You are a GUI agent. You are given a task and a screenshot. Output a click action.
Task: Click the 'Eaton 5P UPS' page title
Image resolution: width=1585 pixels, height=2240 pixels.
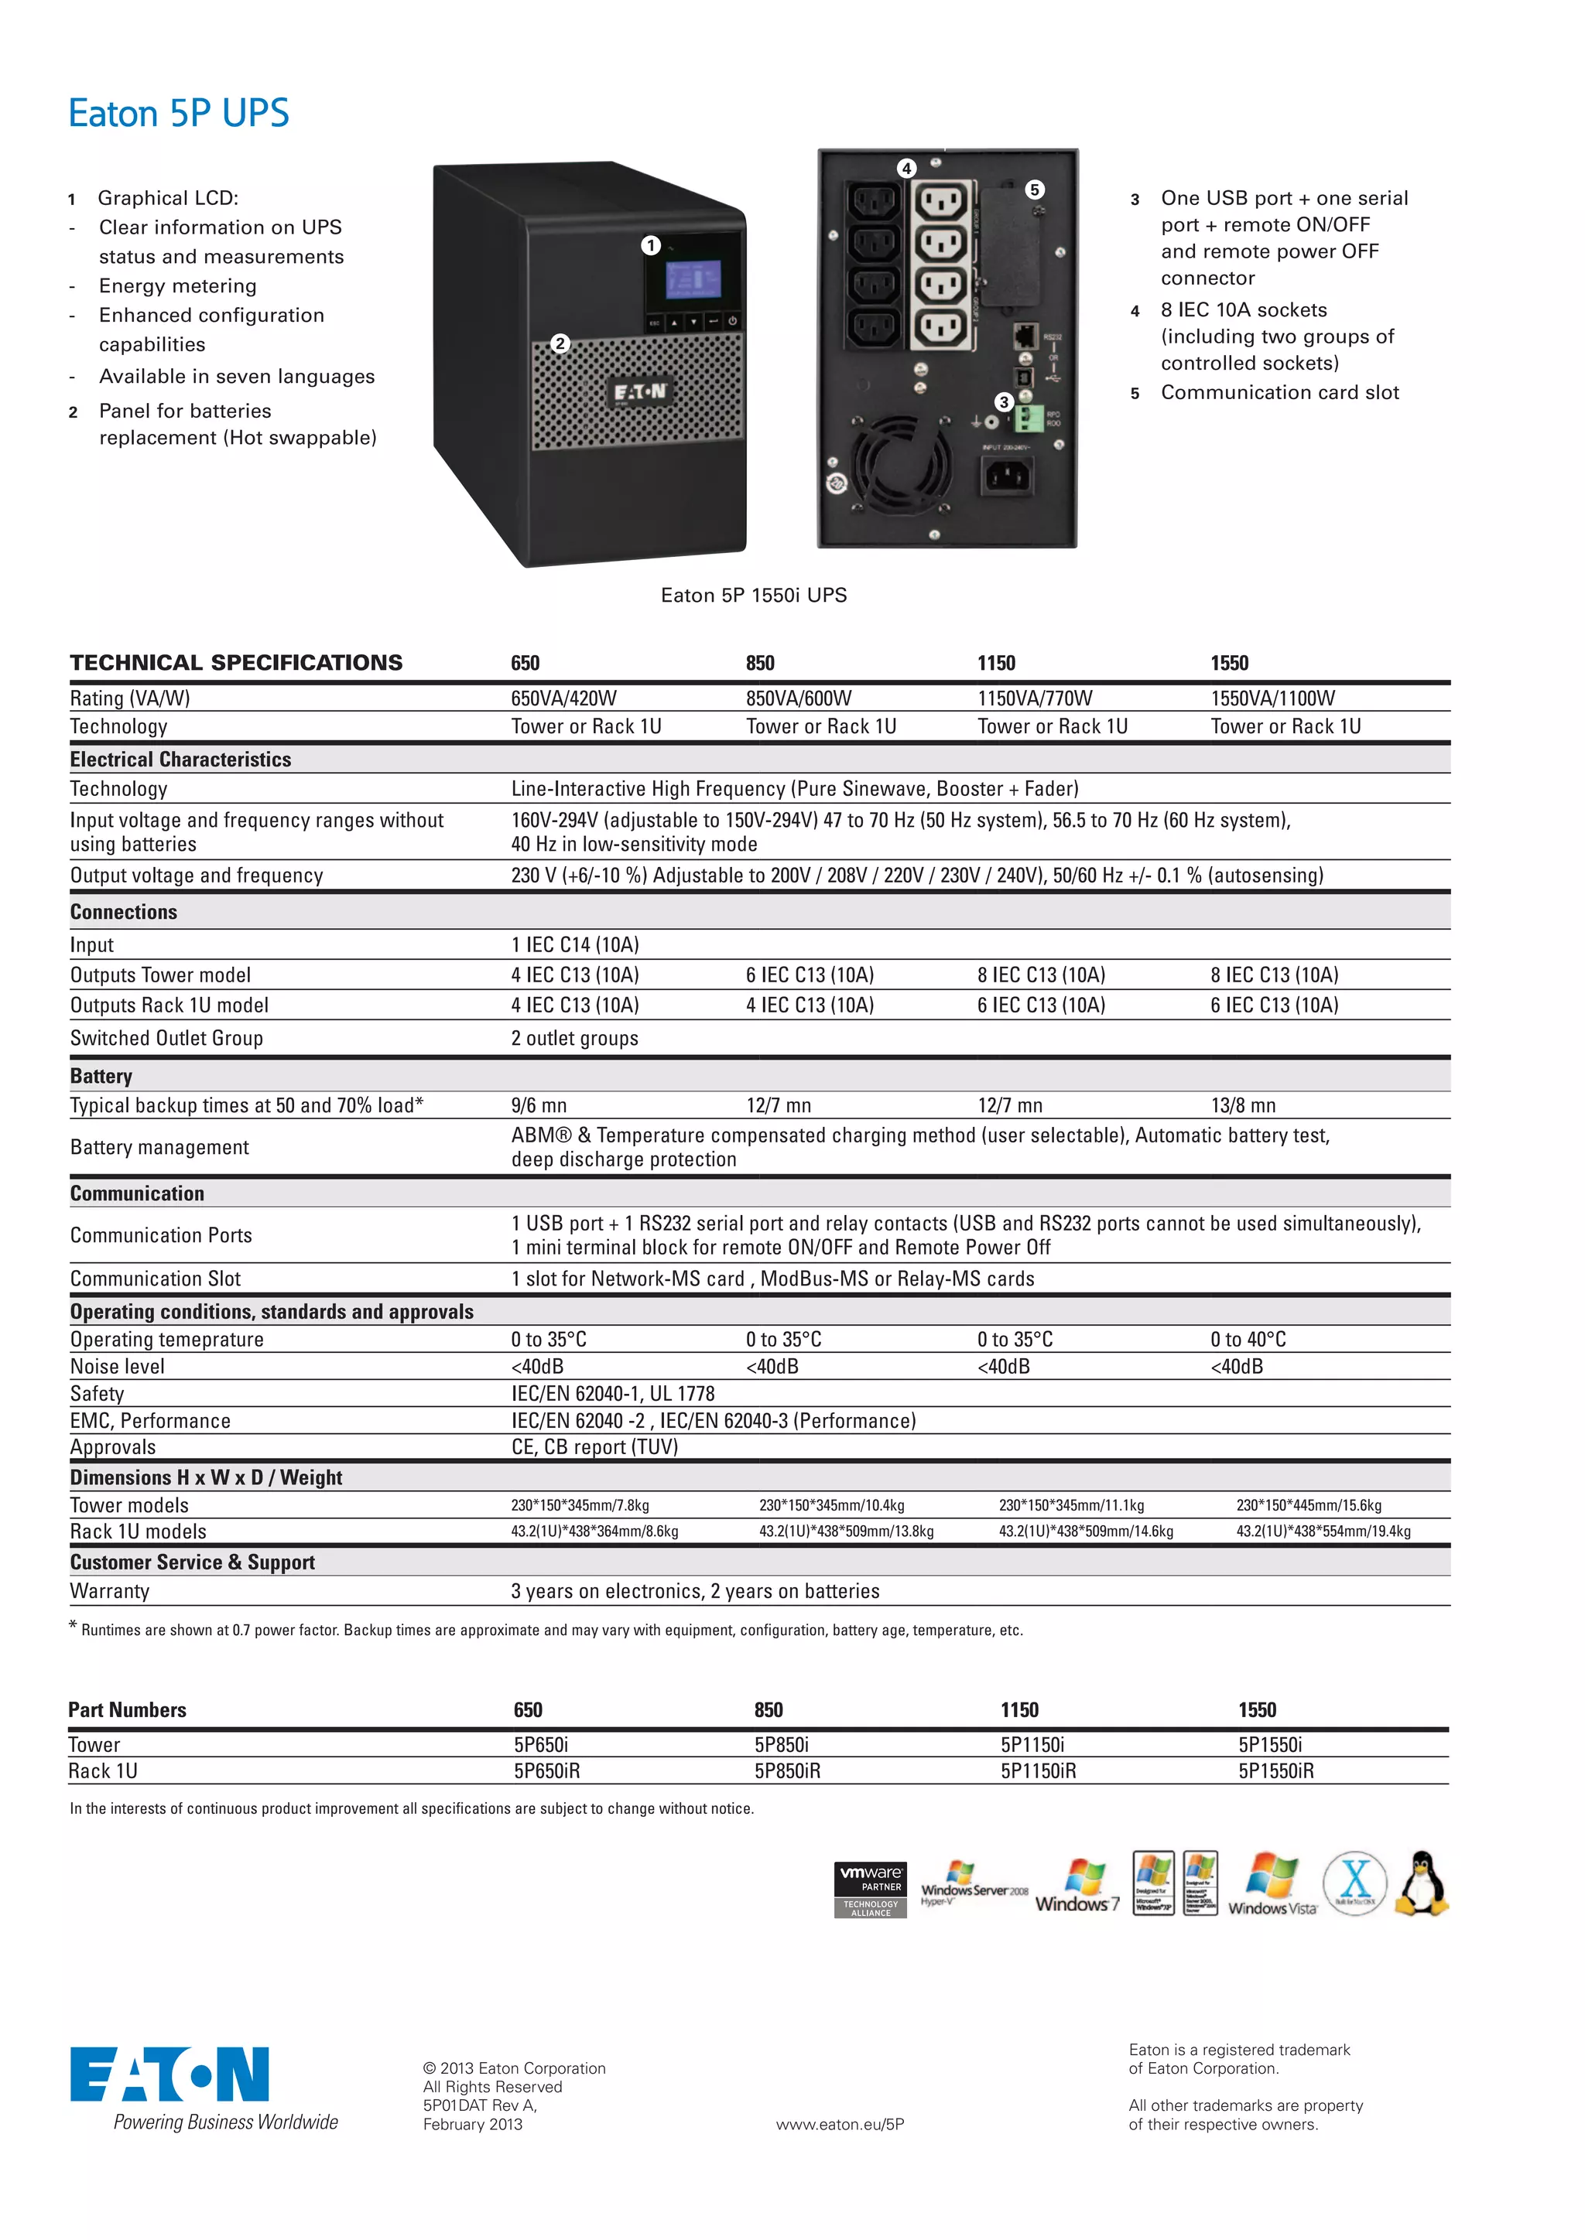click(179, 113)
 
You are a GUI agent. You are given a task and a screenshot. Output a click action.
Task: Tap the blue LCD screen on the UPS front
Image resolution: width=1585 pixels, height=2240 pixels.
click(693, 280)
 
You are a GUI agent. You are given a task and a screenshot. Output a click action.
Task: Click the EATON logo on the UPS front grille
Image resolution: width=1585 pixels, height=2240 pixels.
click(639, 392)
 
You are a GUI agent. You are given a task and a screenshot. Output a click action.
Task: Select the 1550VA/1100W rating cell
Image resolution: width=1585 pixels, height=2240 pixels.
click(1272, 698)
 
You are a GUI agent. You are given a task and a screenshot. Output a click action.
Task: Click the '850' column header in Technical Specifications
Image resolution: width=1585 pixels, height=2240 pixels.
click(760, 664)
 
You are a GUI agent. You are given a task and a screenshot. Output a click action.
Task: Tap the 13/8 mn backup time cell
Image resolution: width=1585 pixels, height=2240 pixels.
click(1244, 1105)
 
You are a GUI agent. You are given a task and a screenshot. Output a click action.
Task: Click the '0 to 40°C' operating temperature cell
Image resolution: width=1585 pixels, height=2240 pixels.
click(1248, 1340)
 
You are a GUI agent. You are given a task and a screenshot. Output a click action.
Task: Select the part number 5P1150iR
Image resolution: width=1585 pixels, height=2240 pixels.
click(1039, 1770)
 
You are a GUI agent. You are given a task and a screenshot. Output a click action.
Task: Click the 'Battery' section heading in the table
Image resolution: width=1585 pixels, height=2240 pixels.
click(101, 1076)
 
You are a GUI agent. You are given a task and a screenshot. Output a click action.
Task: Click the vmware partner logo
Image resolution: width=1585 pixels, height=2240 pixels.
click(871, 1890)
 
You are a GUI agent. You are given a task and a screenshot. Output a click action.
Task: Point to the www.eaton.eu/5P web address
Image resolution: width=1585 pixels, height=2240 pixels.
click(840, 2124)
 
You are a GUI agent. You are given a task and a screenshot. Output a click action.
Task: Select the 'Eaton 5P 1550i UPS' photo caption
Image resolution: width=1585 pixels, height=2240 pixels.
click(754, 595)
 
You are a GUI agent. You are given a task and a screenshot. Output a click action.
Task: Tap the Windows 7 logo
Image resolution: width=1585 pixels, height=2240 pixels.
click(1078, 1886)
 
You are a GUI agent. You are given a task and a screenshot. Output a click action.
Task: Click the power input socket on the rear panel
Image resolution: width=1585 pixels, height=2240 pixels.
click(1006, 476)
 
